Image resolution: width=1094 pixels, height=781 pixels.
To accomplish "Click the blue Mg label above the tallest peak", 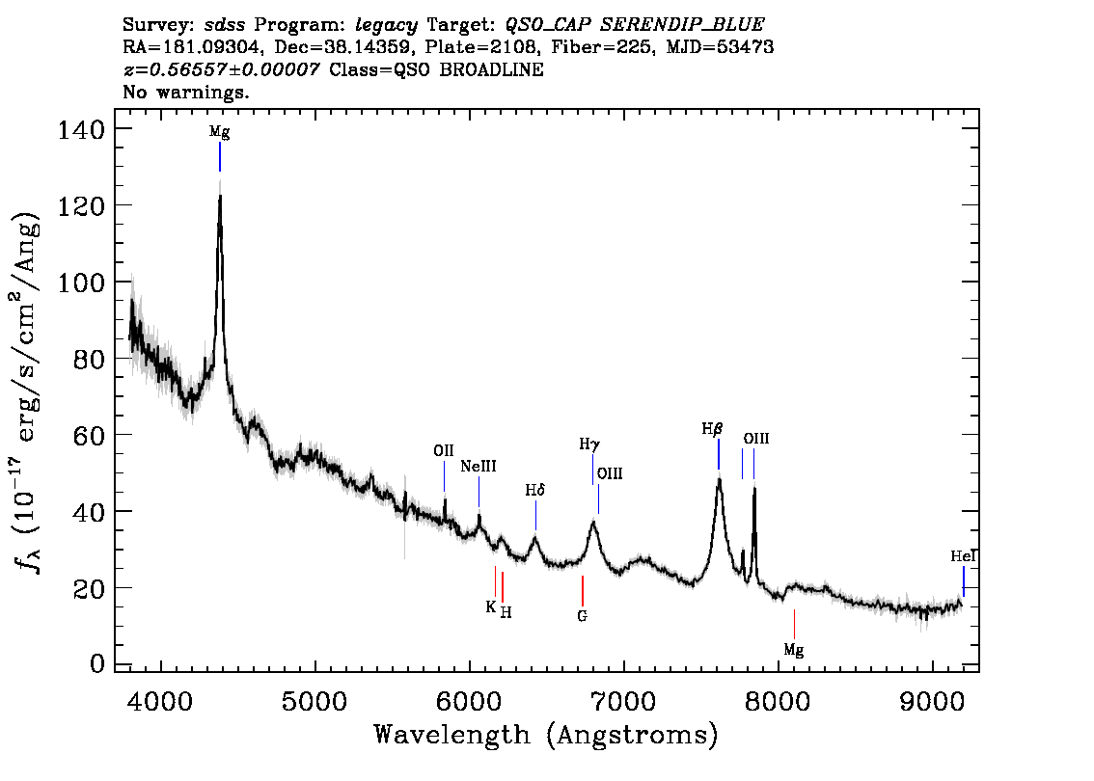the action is pyautogui.click(x=220, y=132).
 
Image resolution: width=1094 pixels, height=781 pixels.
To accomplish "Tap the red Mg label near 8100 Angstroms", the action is pyautogui.click(x=794, y=650).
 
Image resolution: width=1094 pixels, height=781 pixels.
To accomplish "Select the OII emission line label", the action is pyautogui.click(x=444, y=450).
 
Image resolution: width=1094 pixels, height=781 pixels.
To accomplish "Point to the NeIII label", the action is pyautogui.click(x=479, y=466).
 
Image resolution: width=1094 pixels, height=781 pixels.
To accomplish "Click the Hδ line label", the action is pyautogui.click(x=535, y=490).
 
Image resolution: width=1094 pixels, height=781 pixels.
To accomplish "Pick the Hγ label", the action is pyautogui.click(x=589, y=444).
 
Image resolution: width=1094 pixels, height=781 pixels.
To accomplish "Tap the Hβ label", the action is pyautogui.click(x=712, y=429).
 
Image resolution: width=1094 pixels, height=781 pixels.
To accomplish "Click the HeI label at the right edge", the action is pyautogui.click(x=963, y=555).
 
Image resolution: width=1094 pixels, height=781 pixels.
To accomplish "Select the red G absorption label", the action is pyautogui.click(x=583, y=616).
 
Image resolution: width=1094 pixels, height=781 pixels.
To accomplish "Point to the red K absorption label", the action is pyautogui.click(x=491, y=606).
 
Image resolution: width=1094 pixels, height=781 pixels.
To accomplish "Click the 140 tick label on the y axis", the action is pyautogui.click(x=81, y=129).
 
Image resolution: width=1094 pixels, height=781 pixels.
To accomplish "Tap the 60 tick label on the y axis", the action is pyautogui.click(x=89, y=435).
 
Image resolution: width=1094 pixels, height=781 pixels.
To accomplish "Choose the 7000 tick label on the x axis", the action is pyautogui.click(x=623, y=701).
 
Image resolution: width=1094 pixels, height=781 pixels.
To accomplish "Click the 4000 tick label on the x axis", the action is pyautogui.click(x=161, y=701).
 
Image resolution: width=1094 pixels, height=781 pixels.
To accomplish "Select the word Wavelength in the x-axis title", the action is pyautogui.click(x=452, y=735).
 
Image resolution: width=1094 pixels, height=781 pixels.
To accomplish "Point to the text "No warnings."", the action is pyautogui.click(x=185, y=92).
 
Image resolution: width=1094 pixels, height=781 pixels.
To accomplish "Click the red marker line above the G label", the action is pyautogui.click(x=583, y=591).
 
